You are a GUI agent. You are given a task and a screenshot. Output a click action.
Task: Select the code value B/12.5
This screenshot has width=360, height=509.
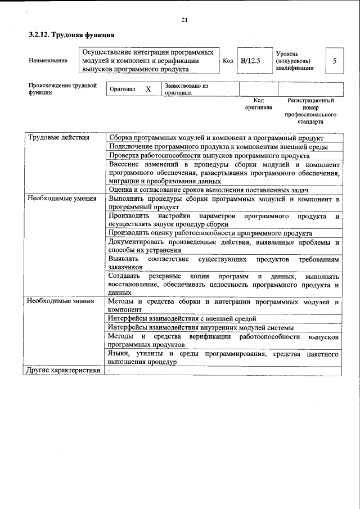(251, 60)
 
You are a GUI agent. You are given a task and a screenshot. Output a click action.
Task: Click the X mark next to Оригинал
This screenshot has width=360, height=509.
(148, 89)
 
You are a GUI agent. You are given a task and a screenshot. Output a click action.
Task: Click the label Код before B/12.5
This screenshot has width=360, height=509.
(228, 60)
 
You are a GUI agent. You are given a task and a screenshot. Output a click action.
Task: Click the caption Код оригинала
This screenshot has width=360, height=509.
(258, 103)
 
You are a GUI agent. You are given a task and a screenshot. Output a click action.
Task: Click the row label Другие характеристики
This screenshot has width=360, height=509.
(64, 371)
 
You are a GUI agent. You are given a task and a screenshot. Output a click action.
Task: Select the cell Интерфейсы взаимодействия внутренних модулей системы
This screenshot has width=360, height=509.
(201, 327)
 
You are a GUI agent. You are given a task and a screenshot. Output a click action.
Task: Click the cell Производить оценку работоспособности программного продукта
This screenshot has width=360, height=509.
(210, 233)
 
